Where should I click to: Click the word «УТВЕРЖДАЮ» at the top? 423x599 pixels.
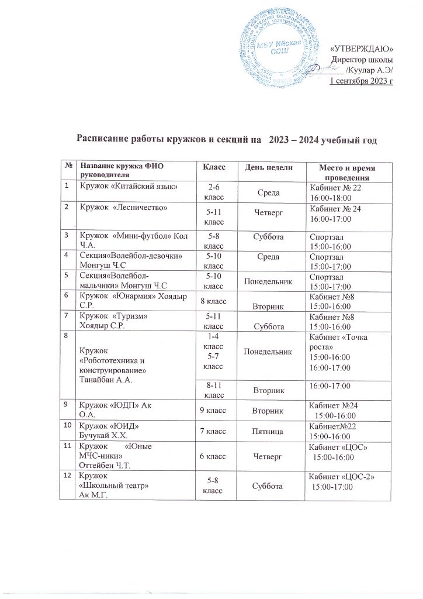click(x=362, y=48)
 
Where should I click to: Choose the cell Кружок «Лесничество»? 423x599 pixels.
click(x=123, y=208)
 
